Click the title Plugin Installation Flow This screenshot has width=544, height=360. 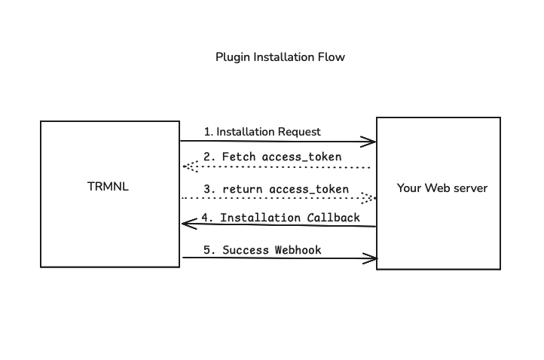[280, 57]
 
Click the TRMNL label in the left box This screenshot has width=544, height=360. [108, 187]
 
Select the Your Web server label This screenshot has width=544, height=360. [442, 188]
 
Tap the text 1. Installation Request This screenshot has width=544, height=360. [261, 132]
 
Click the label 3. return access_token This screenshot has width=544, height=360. [276, 189]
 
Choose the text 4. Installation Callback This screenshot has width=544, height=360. [280, 218]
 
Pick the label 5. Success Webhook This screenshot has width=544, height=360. [261, 249]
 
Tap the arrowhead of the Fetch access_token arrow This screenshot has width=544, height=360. [186, 167]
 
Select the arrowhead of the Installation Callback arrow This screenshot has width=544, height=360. [186, 223]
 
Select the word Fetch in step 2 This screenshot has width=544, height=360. [238, 157]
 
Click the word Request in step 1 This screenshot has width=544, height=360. [299, 132]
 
